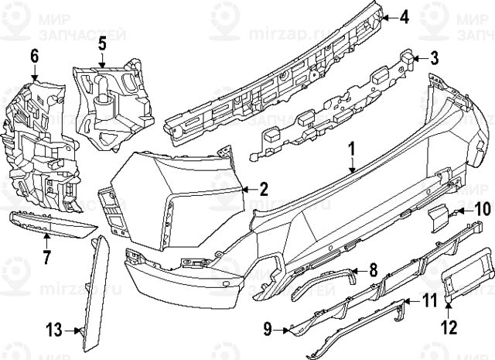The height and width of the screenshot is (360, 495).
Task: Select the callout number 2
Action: pyautogui.click(x=264, y=187)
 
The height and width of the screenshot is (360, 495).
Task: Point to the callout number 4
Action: pyautogui.click(x=405, y=16)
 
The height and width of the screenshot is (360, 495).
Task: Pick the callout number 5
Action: pyautogui.click(x=102, y=46)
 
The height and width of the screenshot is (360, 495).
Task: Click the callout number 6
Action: pyautogui.click(x=34, y=56)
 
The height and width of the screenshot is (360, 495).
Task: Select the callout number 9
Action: pyautogui.click(x=268, y=330)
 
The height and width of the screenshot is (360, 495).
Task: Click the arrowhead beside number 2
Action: pyautogui.click(x=246, y=188)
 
